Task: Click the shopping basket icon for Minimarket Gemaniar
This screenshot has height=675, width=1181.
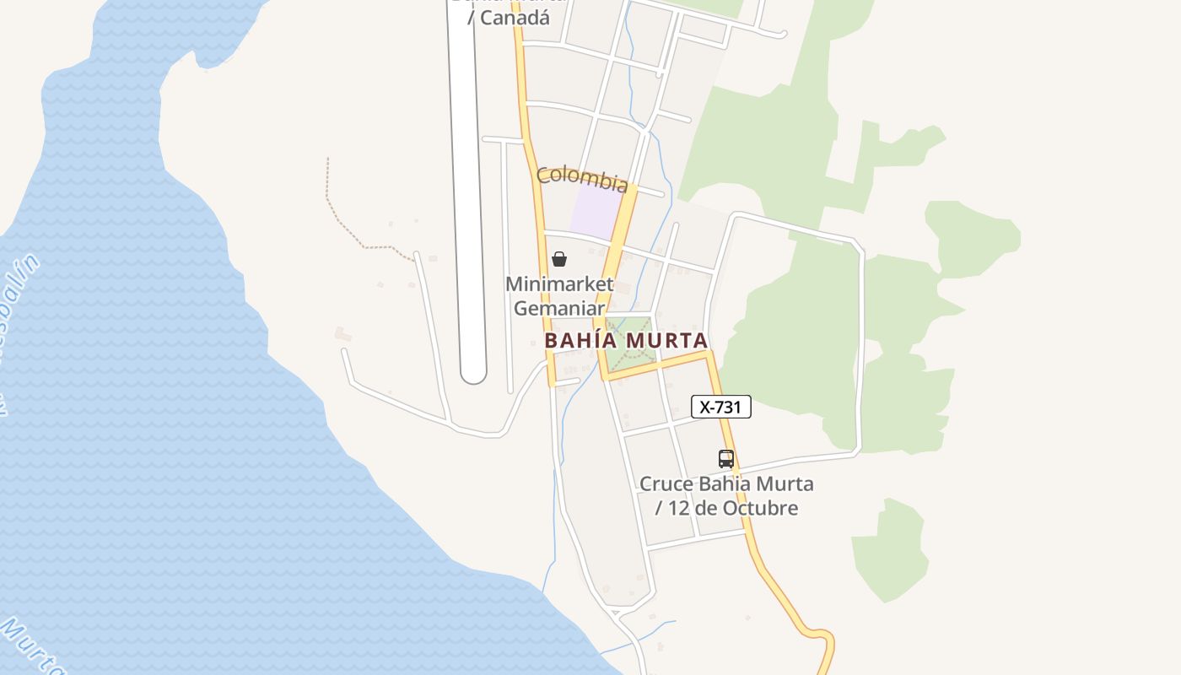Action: click(558, 259)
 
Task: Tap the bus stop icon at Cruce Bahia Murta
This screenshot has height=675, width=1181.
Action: click(725, 459)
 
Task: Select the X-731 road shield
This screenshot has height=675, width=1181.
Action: click(720, 407)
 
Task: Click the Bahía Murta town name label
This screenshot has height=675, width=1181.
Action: click(625, 341)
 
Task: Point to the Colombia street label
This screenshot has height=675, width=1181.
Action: click(582, 178)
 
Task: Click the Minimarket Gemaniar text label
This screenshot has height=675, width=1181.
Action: click(558, 296)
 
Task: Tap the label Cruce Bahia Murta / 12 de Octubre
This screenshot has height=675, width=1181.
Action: click(726, 496)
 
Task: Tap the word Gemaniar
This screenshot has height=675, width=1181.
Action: click(558, 308)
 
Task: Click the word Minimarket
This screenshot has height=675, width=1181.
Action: click(558, 284)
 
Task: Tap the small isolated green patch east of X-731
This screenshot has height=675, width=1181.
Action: click(888, 549)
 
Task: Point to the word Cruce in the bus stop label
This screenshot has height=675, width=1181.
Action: click(666, 484)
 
